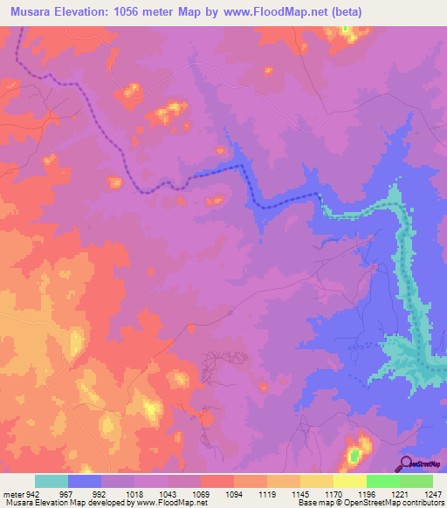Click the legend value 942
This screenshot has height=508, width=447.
[31, 494]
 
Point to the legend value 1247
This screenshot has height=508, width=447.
[422, 494]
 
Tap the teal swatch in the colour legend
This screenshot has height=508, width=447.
[52, 481]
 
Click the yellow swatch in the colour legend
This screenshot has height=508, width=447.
[349, 481]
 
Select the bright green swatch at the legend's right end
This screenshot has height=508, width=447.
[416, 481]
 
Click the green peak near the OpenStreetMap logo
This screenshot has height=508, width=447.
[354, 456]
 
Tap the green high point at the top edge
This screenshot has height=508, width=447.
[345, 30]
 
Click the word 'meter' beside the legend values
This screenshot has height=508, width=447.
[11, 494]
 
